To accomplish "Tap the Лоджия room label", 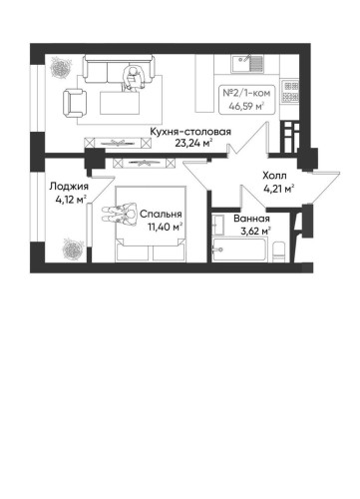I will click(69, 186).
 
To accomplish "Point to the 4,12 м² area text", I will click(69, 198).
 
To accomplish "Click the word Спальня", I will click(160, 214).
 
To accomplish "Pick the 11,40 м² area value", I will click(160, 226).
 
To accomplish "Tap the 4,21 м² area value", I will click(275, 187).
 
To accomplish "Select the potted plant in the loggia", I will click(70, 244).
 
